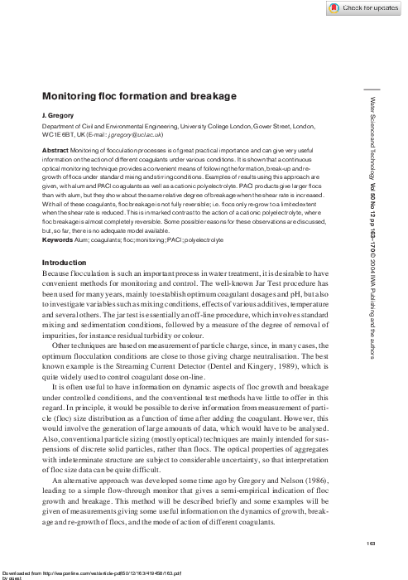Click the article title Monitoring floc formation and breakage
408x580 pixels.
(x=140, y=97)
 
